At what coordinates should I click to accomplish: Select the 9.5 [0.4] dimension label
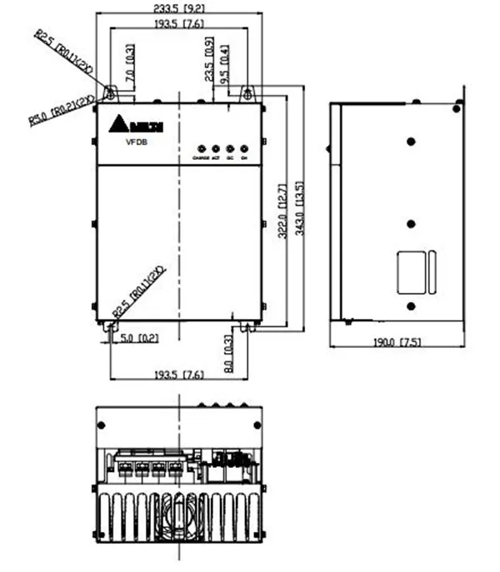pos(225,61)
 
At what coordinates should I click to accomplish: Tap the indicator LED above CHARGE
pos(200,146)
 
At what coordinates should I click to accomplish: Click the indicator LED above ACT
pos(215,146)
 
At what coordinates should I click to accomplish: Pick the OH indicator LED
pos(244,146)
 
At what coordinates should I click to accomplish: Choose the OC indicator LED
pos(230,146)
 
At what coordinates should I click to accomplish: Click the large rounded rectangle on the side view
pos(410,271)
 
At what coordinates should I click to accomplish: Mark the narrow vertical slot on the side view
pos(431,271)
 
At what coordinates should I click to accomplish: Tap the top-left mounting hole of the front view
pos(110,93)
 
